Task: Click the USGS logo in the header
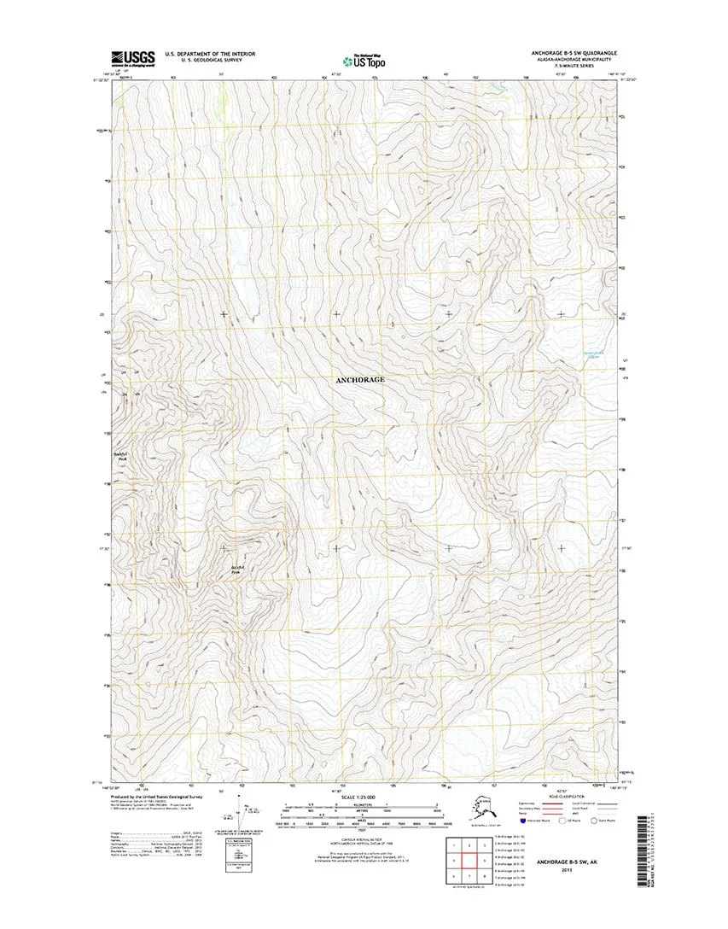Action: (132, 58)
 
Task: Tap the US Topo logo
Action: (363, 60)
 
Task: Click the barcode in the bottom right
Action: (645, 856)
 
